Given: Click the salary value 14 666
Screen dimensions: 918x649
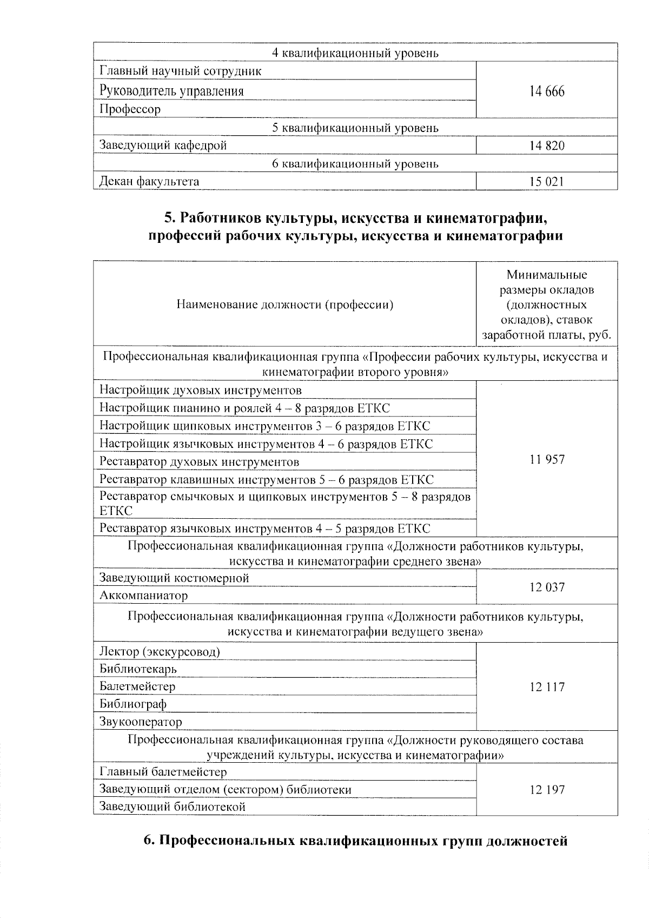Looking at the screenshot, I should [x=547, y=91].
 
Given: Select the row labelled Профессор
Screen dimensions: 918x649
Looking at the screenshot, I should [x=130, y=109].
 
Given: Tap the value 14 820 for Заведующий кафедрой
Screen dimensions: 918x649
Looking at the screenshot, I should [x=547, y=146].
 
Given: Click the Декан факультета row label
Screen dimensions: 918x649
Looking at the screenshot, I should [x=149, y=182].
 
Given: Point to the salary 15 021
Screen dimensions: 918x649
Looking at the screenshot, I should [x=547, y=182].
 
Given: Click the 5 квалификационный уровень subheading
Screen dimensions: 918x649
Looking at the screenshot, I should [x=355, y=128].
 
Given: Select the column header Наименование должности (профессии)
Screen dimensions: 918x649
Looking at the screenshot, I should [x=285, y=305].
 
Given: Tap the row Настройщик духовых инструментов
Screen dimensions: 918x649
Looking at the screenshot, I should [x=201, y=390].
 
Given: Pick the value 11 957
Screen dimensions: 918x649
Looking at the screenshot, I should [x=547, y=460].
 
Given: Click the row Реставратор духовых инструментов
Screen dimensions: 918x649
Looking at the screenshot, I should [x=200, y=462].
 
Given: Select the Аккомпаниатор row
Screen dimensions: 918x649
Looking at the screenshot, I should [x=144, y=596].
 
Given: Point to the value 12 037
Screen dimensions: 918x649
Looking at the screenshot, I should [x=547, y=587].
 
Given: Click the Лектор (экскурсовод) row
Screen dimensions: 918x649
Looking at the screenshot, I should [x=160, y=651].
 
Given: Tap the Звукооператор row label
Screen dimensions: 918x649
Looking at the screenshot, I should [x=141, y=722].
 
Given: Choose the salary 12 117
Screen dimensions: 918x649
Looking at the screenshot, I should [x=547, y=687].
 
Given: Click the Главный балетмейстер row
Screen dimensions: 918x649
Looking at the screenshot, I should [x=163, y=772].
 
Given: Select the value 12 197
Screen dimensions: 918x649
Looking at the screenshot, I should [x=547, y=790].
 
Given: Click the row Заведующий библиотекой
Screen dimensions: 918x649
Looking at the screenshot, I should [x=173, y=807].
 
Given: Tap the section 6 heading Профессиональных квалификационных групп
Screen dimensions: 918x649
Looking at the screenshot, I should [x=355, y=842].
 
